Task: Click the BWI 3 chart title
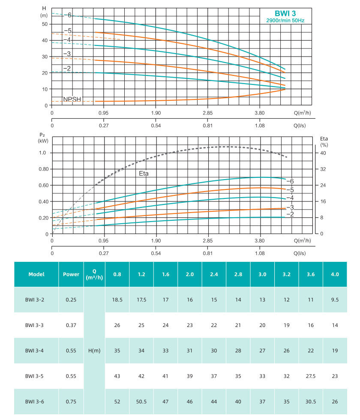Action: [285, 13]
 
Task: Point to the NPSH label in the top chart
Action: [72, 99]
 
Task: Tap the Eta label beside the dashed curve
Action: [144, 174]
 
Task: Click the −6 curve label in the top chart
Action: [68, 15]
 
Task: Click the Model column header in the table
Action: [36, 274]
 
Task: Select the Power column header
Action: [71, 274]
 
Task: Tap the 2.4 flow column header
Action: [214, 274]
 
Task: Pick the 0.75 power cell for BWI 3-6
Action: [71, 402]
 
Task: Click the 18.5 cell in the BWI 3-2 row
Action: [117, 300]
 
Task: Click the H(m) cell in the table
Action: [94, 351]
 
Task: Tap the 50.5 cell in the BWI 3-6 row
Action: [141, 402]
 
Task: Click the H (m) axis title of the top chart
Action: [44, 12]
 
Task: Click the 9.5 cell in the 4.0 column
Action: [335, 300]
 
